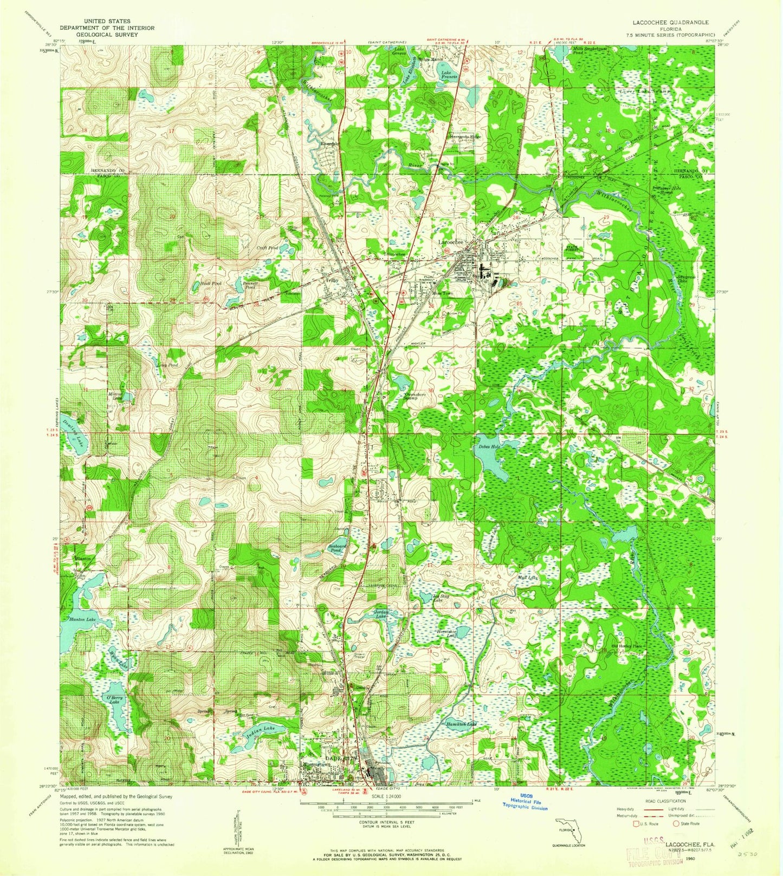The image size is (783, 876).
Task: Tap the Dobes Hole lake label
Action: click(488, 447)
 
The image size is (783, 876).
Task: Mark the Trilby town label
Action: click(332, 281)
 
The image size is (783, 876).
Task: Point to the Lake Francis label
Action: click(449, 75)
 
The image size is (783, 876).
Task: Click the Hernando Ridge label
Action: click(464, 137)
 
